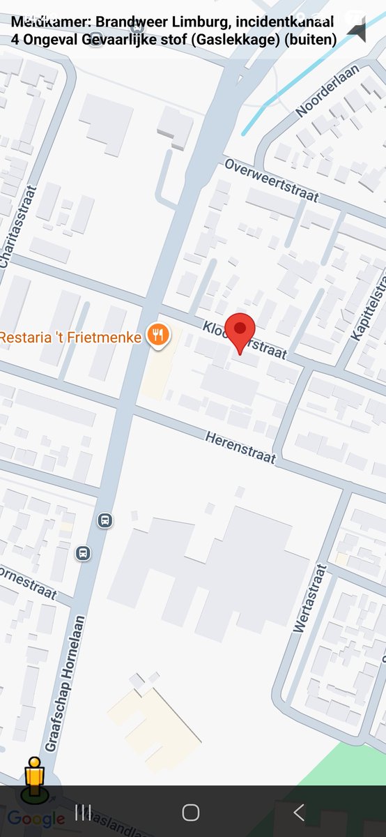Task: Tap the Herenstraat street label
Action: coord(240,448)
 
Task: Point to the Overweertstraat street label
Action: coord(271,180)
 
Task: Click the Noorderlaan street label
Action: coord(327,90)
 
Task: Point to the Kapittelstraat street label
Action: coord(370,307)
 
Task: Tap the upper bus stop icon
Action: coord(105,520)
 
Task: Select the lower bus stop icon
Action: coord(83,553)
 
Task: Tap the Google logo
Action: coord(36,819)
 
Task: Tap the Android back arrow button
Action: coord(299,812)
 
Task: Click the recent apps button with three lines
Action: coord(83,812)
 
